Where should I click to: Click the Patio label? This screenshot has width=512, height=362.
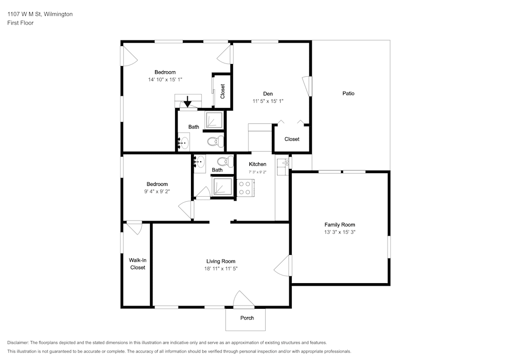[x=348, y=93]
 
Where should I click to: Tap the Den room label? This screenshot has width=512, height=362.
[x=268, y=94]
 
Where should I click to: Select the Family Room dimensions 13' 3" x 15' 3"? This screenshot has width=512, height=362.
[x=339, y=232]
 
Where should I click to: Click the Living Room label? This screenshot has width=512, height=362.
[x=221, y=261]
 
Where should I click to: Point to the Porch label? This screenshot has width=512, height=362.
[x=247, y=318]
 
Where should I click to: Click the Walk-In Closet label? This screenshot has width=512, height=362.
[x=137, y=264]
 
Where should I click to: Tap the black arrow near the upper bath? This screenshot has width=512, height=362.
[x=187, y=102]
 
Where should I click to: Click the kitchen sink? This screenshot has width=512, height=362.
[x=282, y=163]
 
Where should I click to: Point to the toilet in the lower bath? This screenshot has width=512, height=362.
[x=224, y=161]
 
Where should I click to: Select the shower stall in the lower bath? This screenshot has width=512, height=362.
[x=222, y=185]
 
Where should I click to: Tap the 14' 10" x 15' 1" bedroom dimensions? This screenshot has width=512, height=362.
[x=165, y=79]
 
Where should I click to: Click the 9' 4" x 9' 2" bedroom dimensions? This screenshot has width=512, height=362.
[x=157, y=191]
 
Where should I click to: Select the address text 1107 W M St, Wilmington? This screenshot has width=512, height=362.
[x=40, y=14]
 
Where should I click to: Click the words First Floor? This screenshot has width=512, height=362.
[x=20, y=23]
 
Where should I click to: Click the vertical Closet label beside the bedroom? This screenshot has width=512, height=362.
[x=223, y=91]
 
